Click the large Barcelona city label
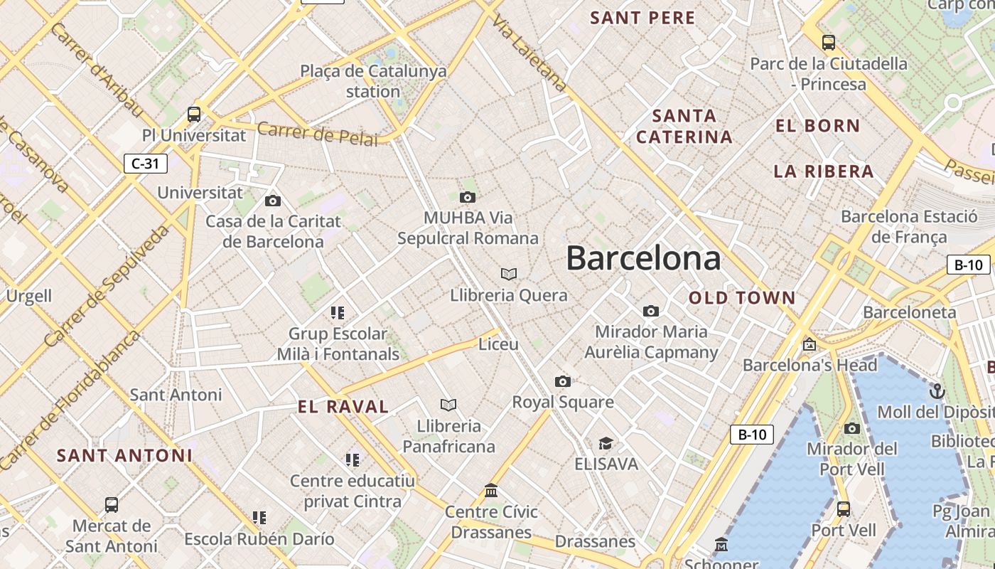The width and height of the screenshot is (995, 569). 643,258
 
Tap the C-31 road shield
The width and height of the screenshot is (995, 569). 146,164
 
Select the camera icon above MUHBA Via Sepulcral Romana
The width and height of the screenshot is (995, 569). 467,197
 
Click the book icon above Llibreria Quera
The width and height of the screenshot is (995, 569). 509,274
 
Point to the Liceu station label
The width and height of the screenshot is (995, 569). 498,344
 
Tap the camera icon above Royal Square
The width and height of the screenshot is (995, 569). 563,382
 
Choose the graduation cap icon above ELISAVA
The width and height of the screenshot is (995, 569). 606,444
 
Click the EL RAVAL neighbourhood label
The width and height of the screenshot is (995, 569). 343,407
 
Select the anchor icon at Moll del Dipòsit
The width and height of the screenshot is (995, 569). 937,391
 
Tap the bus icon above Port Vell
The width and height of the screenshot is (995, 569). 844,509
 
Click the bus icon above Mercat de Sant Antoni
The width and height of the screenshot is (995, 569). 112,505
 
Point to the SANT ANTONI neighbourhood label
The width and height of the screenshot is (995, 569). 124,455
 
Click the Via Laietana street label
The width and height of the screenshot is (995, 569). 530,53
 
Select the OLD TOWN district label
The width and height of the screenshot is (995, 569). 742,298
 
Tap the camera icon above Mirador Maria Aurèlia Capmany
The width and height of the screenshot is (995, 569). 650,312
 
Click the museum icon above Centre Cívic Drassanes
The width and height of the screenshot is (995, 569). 491,491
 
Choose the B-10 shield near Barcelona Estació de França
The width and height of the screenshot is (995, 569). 968,265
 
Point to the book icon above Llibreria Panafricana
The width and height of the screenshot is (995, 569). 448,405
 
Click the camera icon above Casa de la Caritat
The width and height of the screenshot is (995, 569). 272,201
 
